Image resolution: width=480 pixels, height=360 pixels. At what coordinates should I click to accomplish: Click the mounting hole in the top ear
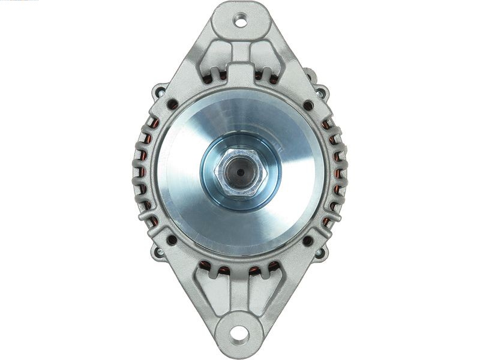[240, 22]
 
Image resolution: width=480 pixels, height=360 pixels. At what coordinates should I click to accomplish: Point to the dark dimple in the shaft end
[240, 172]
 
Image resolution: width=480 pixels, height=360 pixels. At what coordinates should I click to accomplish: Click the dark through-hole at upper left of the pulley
[172, 104]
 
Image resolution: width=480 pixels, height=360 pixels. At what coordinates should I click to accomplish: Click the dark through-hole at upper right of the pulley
[308, 106]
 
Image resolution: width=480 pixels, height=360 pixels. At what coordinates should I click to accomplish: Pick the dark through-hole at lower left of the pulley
[172, 239]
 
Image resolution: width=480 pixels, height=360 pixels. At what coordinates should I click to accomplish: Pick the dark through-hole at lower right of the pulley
[308, 241]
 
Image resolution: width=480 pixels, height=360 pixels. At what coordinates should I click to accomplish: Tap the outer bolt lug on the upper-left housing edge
[158, 92]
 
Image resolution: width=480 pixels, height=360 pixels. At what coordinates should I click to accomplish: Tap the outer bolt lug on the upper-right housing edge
[322, 92]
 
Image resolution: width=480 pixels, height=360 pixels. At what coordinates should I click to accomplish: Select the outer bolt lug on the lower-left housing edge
[159, 253]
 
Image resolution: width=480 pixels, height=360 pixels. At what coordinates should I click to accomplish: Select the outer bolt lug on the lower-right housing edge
[321, 253]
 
